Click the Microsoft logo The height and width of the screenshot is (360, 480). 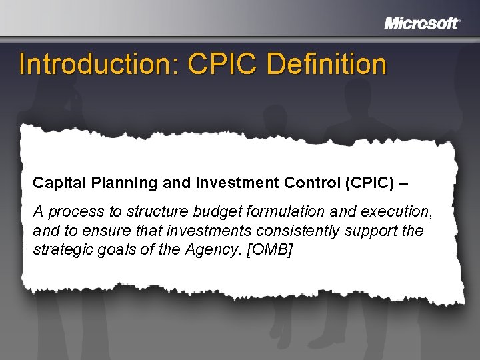click(422, 23)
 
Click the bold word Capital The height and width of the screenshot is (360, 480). click(56, 182)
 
